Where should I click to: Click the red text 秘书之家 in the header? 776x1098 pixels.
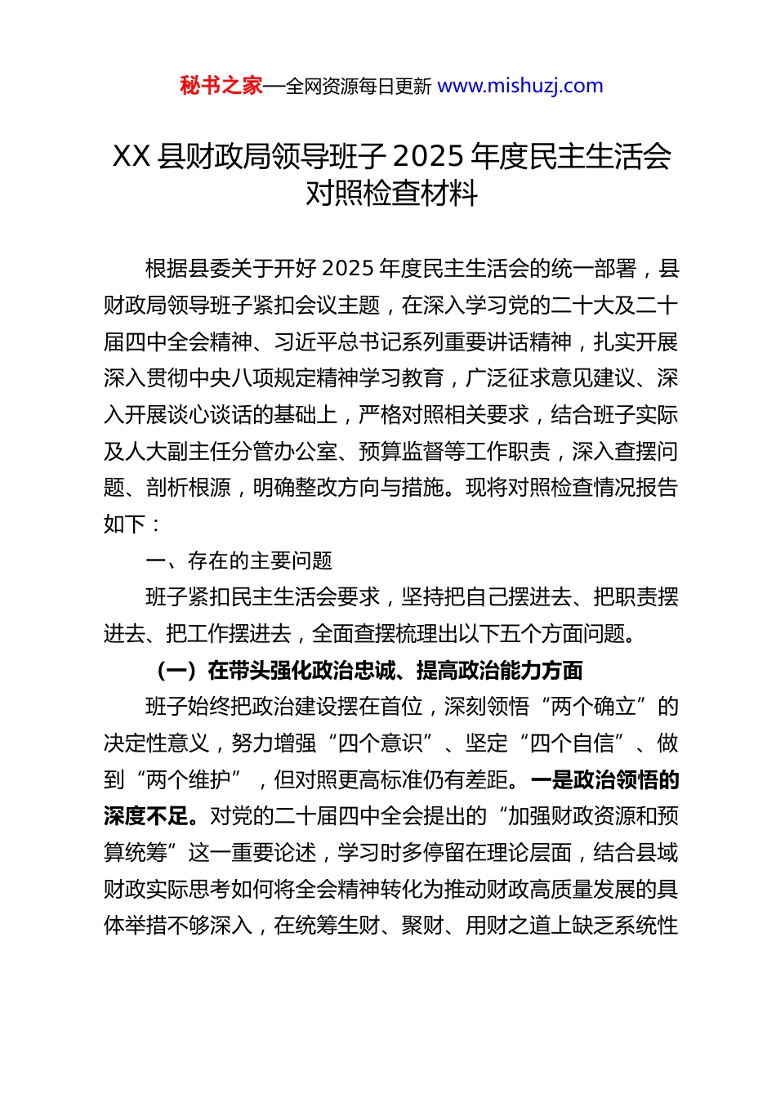click(x=221, y=86)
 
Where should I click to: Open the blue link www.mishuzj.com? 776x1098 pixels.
click(x=520, y=86)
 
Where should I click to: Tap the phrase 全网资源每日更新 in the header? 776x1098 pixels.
click(x=359, y=87)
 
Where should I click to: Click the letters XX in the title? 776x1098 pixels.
click(x=131, y=156)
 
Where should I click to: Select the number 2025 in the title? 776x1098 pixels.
click(x=428, y=156)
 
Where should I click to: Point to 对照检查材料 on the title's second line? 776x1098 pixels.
click(x=391, y=194)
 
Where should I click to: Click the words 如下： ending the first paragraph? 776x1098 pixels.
click(x=132, y=524)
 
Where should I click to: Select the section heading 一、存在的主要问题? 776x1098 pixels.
click(x=239, y=560)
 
